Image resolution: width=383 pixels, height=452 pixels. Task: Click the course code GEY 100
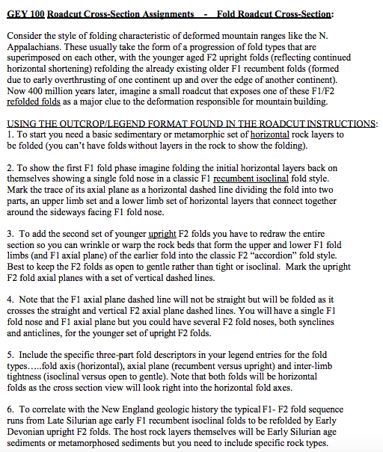(24, 13)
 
